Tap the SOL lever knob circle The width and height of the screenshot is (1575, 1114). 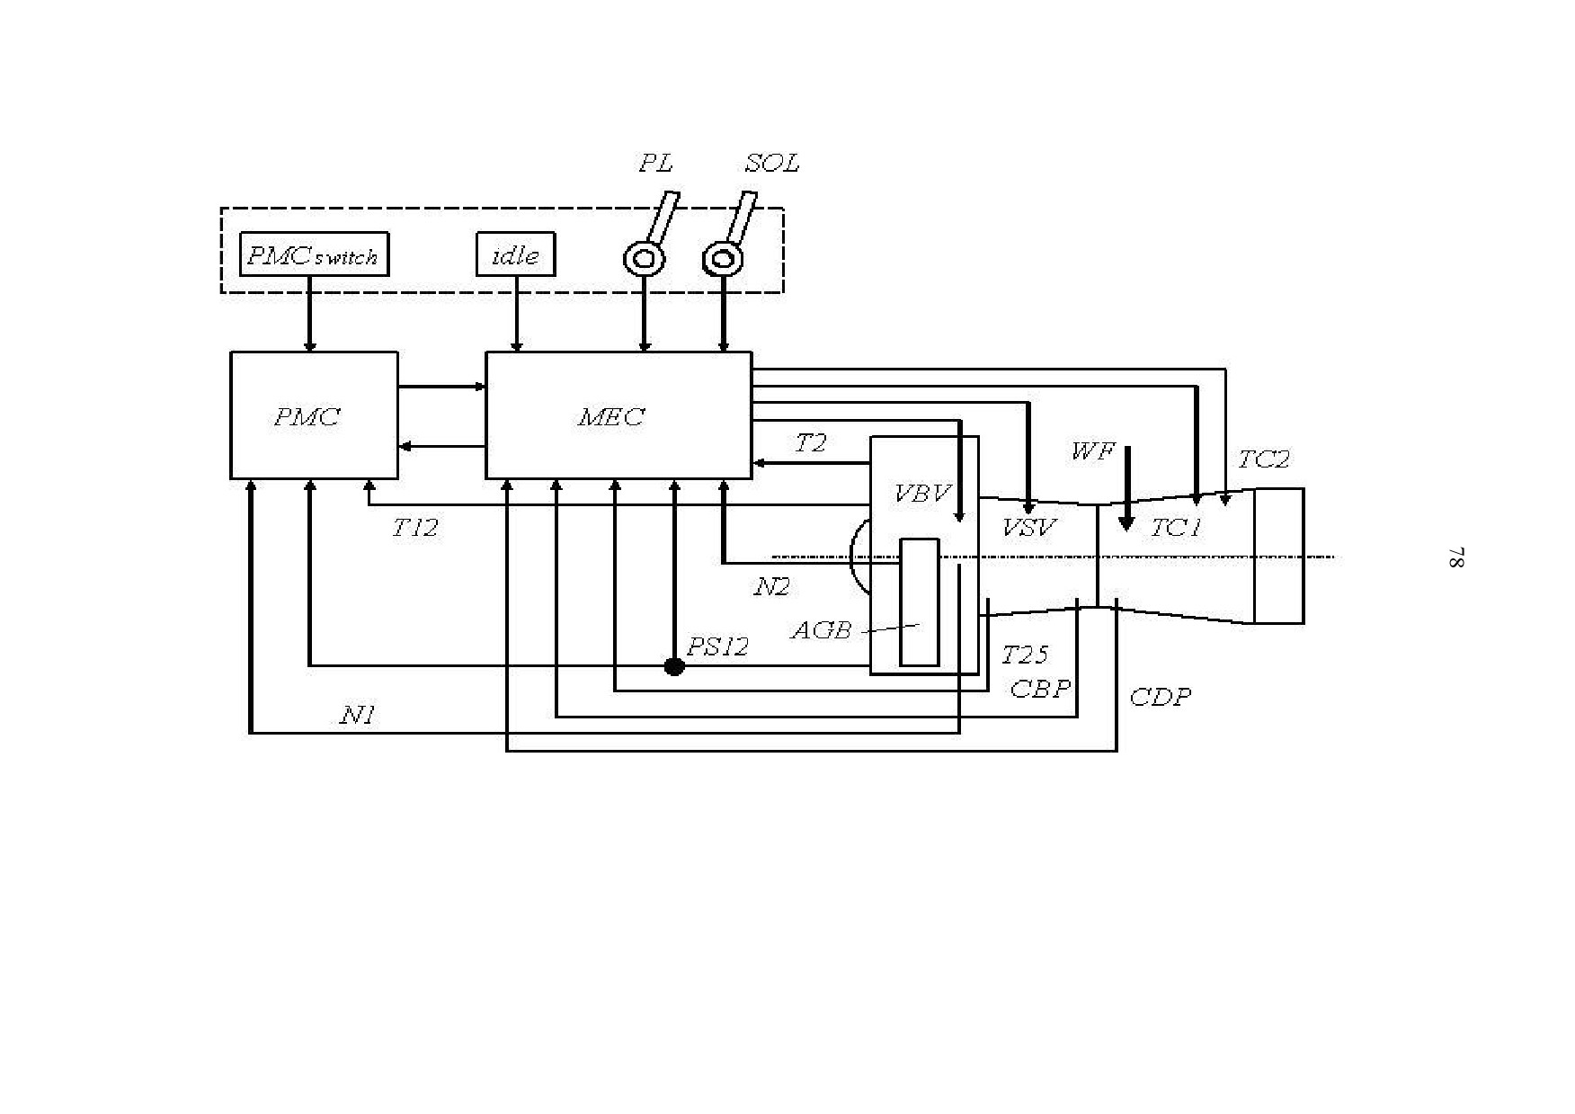point(723,260)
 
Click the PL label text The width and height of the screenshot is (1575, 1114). point(655,164)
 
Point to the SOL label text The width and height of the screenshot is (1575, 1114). point(771,164)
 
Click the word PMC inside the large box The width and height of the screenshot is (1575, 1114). point(307,417)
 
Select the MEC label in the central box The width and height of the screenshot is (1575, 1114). point(611,417)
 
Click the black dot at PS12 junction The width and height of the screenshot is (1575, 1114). point(674,666)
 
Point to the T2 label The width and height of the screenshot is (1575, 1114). point(810,443)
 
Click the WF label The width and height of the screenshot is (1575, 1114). point(1092,451)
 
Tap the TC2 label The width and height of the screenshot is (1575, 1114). point(1263,459)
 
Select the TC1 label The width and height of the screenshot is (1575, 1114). point(1176,528)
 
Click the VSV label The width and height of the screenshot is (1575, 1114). point(1029,528)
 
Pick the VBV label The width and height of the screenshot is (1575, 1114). point(922,494)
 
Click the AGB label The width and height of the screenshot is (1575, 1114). point(820,630)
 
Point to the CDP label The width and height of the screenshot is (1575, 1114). point(1160,697)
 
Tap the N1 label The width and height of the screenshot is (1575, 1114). point(357,715)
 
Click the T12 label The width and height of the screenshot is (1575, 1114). point(414,528)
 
